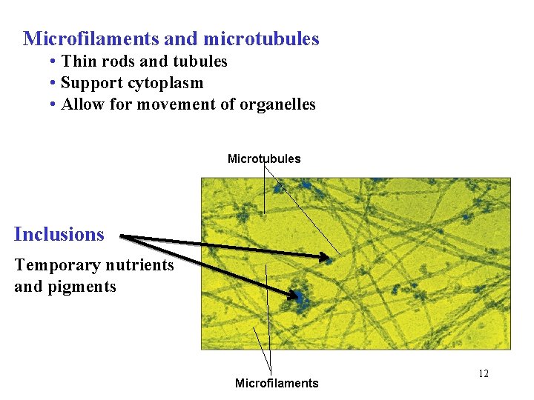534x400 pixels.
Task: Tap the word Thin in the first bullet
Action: pyautogui.click(x=79, y=61)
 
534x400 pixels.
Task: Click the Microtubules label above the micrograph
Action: pyautogui.click(x=264, y=159)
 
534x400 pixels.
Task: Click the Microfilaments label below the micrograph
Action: pyautogui.click(x=277, y=383)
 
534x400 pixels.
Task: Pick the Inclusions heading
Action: pyautogui.click(x=59, y=235)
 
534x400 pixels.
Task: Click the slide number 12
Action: pyautogui.click(x=484, y=373)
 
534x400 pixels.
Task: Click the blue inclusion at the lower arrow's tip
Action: pyautogui.click(x=302, y=297)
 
